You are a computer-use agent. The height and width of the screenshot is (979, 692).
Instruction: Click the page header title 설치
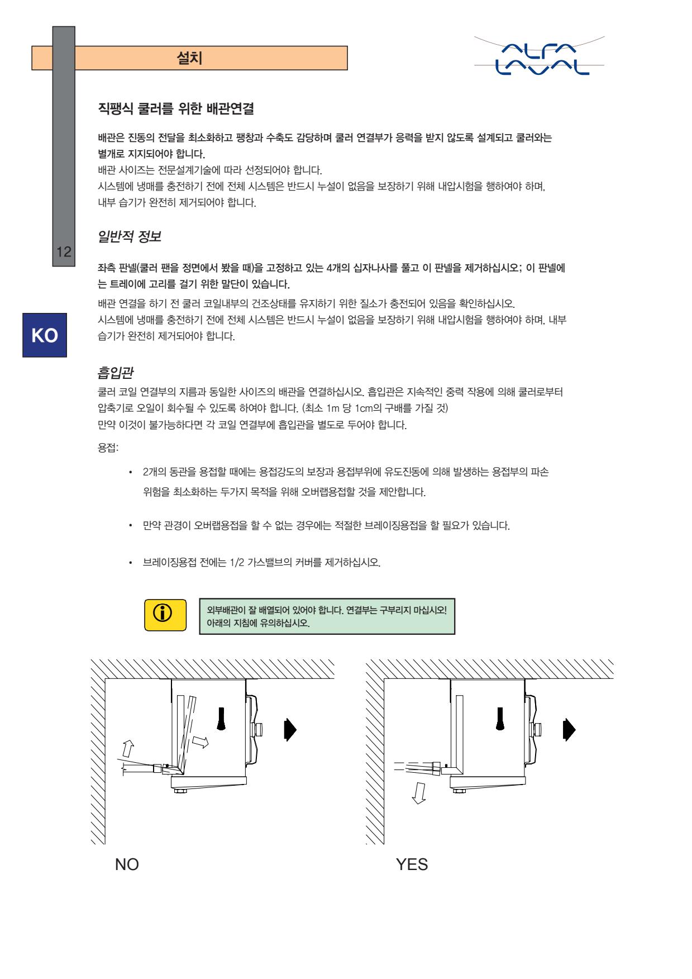189,58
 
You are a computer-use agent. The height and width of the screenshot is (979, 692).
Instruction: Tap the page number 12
64,251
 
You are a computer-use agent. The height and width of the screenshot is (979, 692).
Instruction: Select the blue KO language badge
45,335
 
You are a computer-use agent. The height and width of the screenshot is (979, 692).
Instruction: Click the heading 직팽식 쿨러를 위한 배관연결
176,109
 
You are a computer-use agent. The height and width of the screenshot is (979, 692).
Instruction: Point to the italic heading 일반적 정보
130,236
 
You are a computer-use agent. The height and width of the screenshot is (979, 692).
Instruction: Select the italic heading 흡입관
116,372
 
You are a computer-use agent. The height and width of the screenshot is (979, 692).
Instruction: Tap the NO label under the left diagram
127,864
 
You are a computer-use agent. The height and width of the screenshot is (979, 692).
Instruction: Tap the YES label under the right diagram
412,864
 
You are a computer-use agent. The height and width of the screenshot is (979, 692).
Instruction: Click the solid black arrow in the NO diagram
290,729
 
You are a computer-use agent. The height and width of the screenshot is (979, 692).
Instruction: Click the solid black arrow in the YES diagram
569,729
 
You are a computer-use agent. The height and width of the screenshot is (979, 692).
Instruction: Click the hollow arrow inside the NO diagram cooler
199,742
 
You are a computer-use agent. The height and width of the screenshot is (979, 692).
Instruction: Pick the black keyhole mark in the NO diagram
222,719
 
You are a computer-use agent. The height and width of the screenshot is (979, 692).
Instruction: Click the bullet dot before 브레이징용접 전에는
130,562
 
